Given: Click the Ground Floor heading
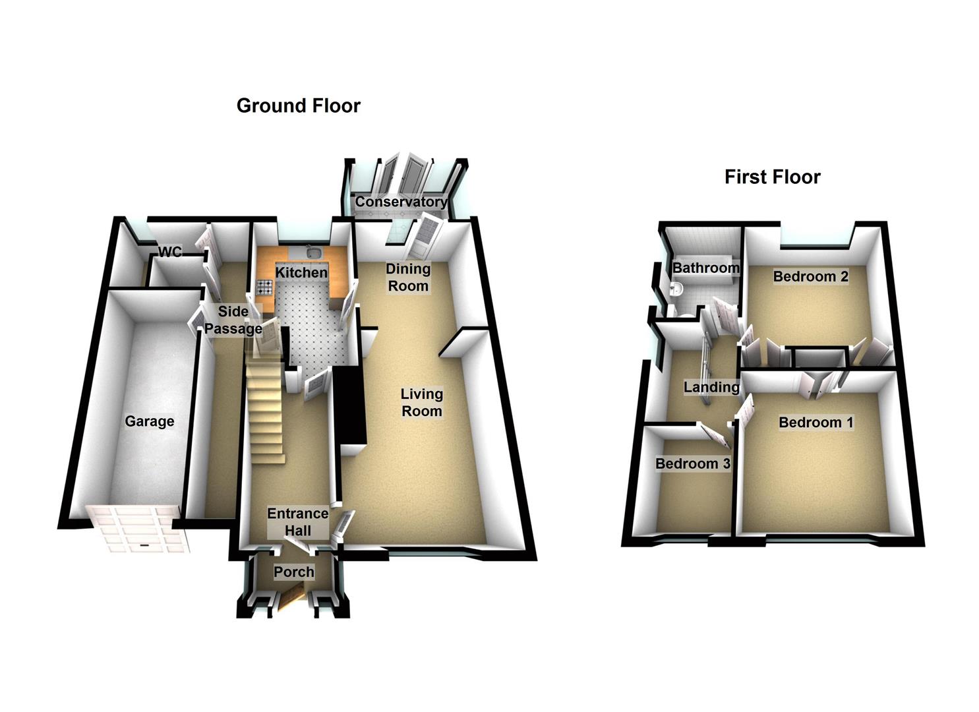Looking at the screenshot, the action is click(298, 106).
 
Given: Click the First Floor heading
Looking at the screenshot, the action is click(772, 177).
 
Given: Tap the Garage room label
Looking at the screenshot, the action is click(150, 421).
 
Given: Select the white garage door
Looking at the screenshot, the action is click(140, 527).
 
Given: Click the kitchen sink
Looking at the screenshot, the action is click(313, 253).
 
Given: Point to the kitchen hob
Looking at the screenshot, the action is click(265, 287).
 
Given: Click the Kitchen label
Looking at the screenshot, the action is click(301, 272).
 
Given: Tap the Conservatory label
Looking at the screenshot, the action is click(401, 202).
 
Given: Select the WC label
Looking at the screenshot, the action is click(169, 252).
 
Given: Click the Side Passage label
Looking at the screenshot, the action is click(233, 320).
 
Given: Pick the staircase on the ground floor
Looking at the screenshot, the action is click(265, 409).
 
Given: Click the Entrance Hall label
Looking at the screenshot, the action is click(297, 522).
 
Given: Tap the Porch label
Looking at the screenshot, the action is click(294, 572).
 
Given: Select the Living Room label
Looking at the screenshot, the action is click(422, 402).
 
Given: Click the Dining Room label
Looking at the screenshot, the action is click(408, 278).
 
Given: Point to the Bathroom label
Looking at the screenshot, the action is click(705, 268).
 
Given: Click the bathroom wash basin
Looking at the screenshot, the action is click(675, 289).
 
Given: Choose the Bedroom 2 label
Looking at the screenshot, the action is click(810, 276).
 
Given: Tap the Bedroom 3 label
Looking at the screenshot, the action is click(692, 463).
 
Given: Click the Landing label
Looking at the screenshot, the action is click(711, 387).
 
